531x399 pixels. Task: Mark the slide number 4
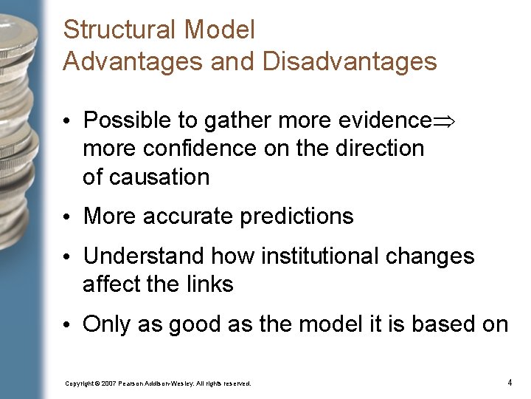click(x=510, y=383)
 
